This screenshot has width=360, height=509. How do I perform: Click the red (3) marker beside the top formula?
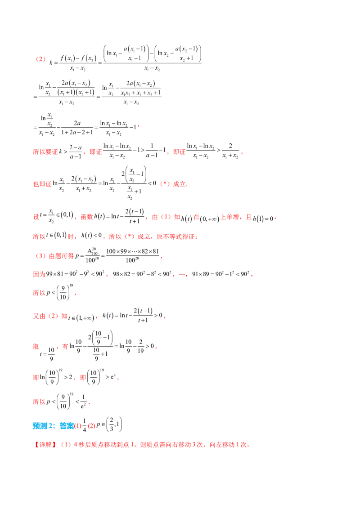[x=41, y=59]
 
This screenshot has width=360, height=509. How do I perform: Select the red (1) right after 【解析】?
[x=66, y=445]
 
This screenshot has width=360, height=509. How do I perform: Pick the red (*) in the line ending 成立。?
[x=163, y=183]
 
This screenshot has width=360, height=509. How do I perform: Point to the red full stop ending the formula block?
[x=139, y=127]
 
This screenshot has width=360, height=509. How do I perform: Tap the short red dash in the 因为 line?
[x=183, y=275]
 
